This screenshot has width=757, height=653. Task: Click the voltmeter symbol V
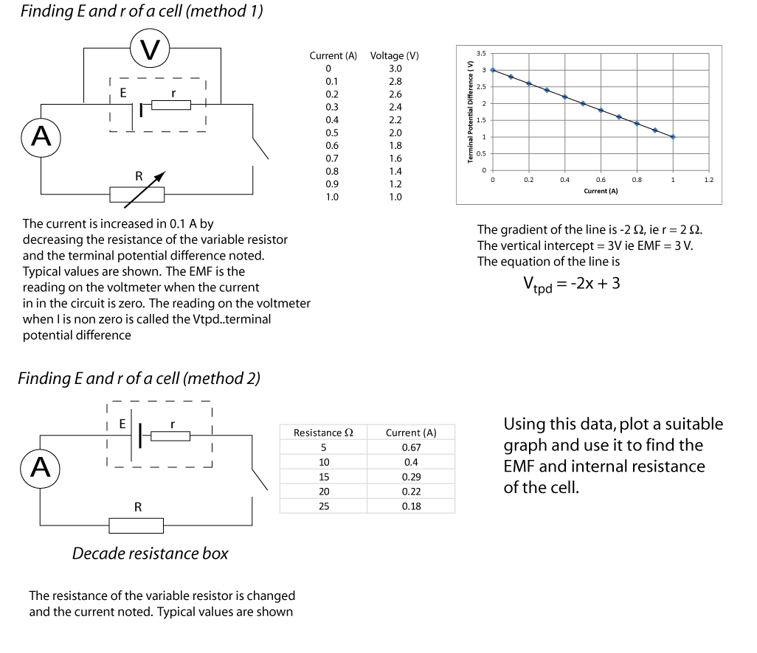(x=151, y=50)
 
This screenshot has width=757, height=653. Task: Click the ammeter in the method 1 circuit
(x=41, y=137)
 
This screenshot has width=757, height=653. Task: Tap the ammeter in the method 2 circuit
(x=41, y=467)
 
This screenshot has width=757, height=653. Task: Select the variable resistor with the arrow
(x=137, y=194)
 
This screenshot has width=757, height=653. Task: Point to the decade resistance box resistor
(x=136, y=525)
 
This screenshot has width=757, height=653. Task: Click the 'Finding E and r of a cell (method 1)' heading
(x=142, y=12)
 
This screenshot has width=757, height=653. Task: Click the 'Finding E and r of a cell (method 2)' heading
(x=139, y=379)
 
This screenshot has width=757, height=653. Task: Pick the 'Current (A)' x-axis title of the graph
(x=600, y=191)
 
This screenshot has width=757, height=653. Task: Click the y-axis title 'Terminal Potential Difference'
(x=470, y=111)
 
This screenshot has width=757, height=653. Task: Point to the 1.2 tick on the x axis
(x=709, y=180)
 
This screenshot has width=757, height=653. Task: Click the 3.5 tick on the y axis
(x=481, y=54)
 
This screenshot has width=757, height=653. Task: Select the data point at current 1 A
(x=673, y=137)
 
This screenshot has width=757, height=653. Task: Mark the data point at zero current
(x=492, y=70)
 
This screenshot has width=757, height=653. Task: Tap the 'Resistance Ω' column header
(x=323, y=433)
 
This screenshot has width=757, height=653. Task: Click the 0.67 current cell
(x=411, y=447)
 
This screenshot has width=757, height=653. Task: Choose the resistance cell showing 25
(x=323, y=506)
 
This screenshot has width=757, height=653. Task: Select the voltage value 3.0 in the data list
(x=395, y=69)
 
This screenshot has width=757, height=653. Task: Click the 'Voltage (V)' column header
(x=395, y=56)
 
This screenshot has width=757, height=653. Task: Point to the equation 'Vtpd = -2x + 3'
(x=571, y=283)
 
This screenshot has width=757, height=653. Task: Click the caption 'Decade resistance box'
(x=150, y=554)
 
